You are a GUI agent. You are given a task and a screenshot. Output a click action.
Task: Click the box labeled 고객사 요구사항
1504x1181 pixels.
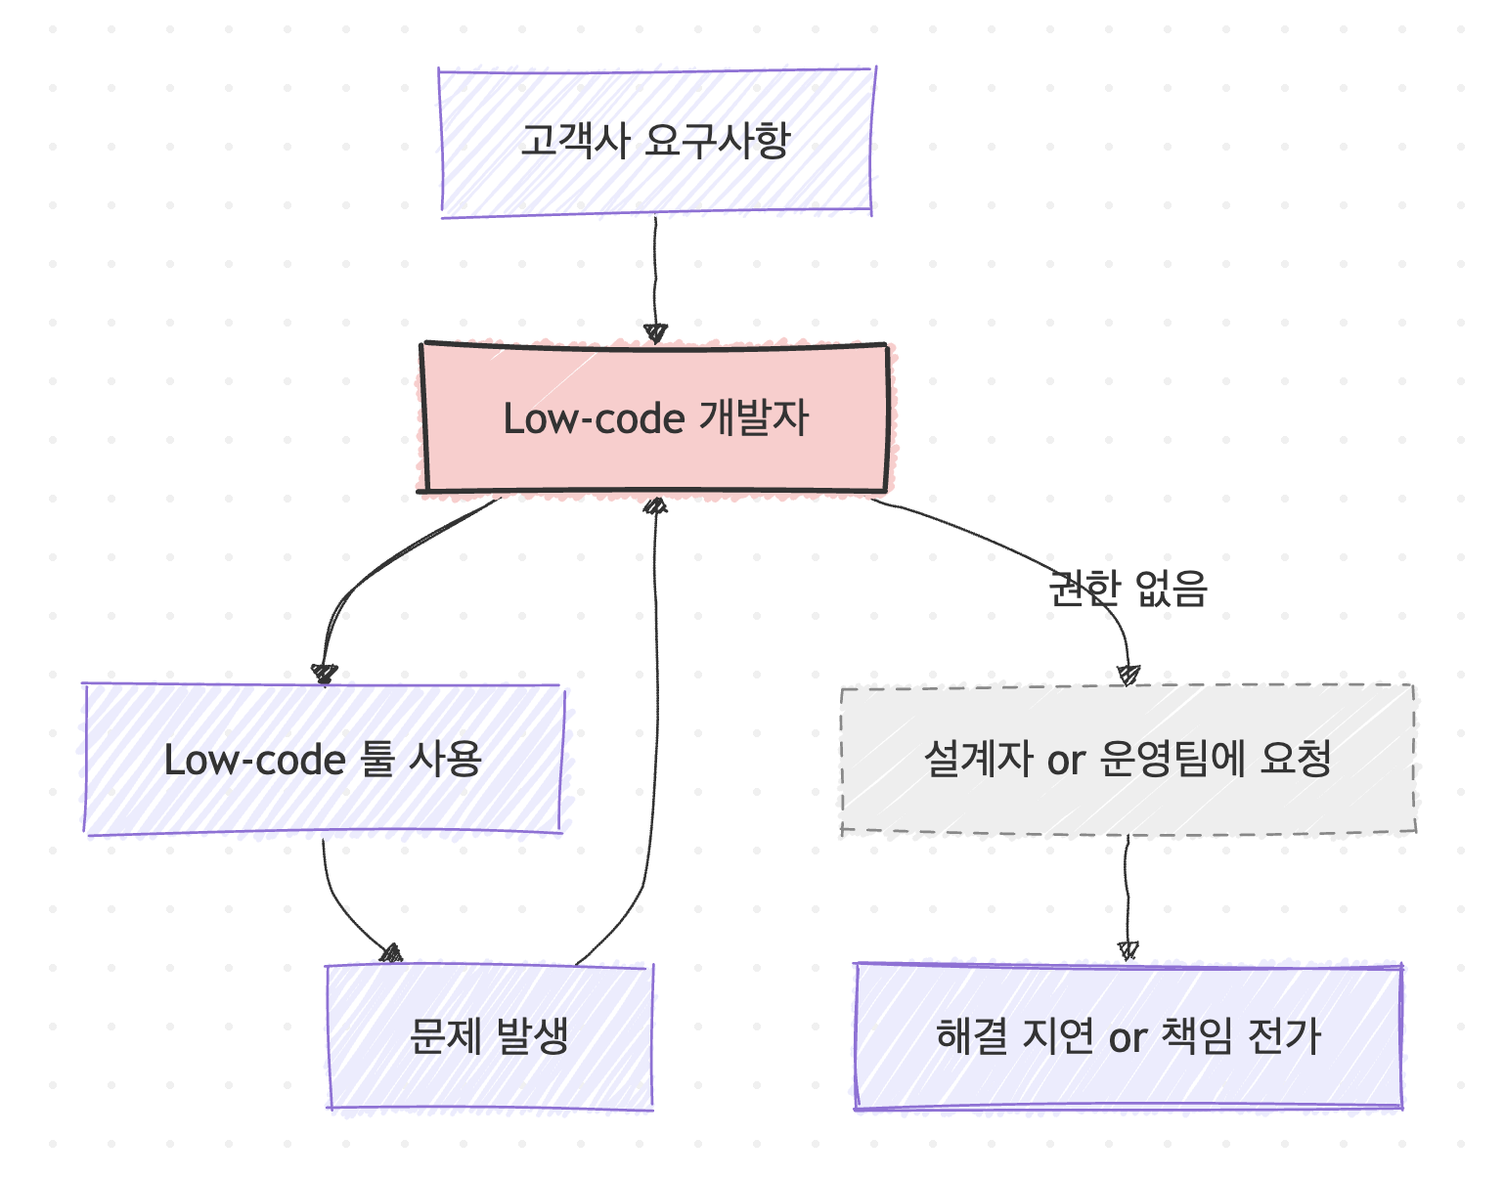(655, 142)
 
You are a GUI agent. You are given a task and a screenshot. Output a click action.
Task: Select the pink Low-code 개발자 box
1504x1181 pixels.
(655, 418)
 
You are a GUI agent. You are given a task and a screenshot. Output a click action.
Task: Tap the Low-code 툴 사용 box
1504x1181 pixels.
(323, 760)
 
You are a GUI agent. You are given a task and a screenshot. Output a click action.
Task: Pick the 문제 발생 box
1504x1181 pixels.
(489, 1036)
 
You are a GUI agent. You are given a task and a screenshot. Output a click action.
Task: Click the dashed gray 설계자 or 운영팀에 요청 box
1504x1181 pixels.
(1128, 760)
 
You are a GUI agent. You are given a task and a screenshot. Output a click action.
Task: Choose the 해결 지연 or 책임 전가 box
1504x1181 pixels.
(1128, 1036)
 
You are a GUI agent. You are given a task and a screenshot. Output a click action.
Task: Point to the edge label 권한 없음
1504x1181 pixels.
(1128, 589)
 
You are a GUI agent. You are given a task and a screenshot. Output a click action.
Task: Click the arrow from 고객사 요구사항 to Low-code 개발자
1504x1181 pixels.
(655, 274)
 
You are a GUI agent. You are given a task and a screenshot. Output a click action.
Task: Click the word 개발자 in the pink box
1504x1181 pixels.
(754, 418)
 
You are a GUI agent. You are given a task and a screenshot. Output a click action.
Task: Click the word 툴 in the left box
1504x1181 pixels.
(376, 760)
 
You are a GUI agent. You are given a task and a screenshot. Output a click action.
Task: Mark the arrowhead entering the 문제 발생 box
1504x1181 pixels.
(391, 953)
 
